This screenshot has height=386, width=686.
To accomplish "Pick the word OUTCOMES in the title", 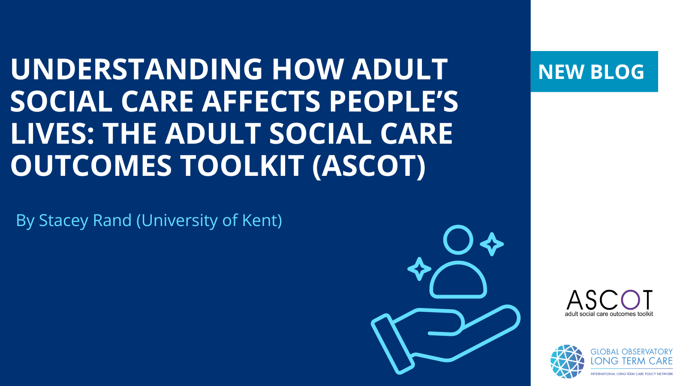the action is pos(91,166).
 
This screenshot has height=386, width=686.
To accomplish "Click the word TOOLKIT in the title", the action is pos(243,166).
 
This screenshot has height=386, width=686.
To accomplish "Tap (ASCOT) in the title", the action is pos(369,166).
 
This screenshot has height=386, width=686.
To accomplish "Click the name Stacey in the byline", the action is pos(64,221).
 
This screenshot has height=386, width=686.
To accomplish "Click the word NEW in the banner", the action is pos(561,72).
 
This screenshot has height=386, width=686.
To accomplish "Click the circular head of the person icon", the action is pos(458,240).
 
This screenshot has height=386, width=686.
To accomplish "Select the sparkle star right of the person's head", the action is pos(492,244).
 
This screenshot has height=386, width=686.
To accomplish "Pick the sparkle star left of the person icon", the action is pos(419,269).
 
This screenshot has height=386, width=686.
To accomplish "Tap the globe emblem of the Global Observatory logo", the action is pos(567,362).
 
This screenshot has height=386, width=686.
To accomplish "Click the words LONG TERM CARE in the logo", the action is pos(632,361).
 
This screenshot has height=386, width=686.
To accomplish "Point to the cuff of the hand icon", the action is pos(393,344).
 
